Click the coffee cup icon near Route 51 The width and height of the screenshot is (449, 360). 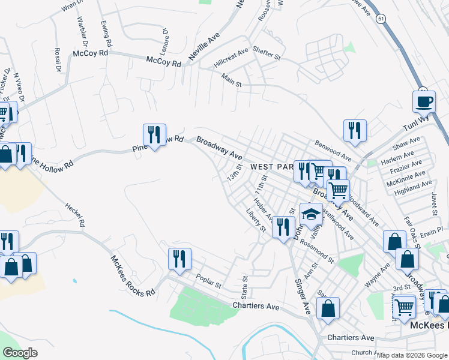coord(424,101)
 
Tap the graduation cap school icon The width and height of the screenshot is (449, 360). coord(311,214)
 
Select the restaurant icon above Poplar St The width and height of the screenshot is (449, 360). coord(179,259)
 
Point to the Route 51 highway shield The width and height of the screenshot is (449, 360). coord(381,19)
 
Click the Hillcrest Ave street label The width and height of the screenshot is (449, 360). coord(231,58)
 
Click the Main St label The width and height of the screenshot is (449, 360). coord(231,81)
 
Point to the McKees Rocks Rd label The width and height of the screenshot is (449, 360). coord(133,277)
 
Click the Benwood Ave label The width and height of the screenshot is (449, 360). coord(333,148)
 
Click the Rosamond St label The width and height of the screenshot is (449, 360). coord(317,252)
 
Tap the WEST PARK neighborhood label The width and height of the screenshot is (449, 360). coord(271,166)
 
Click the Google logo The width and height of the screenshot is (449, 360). coord(21,353)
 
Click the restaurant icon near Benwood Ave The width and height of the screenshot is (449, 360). coord(355,130)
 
